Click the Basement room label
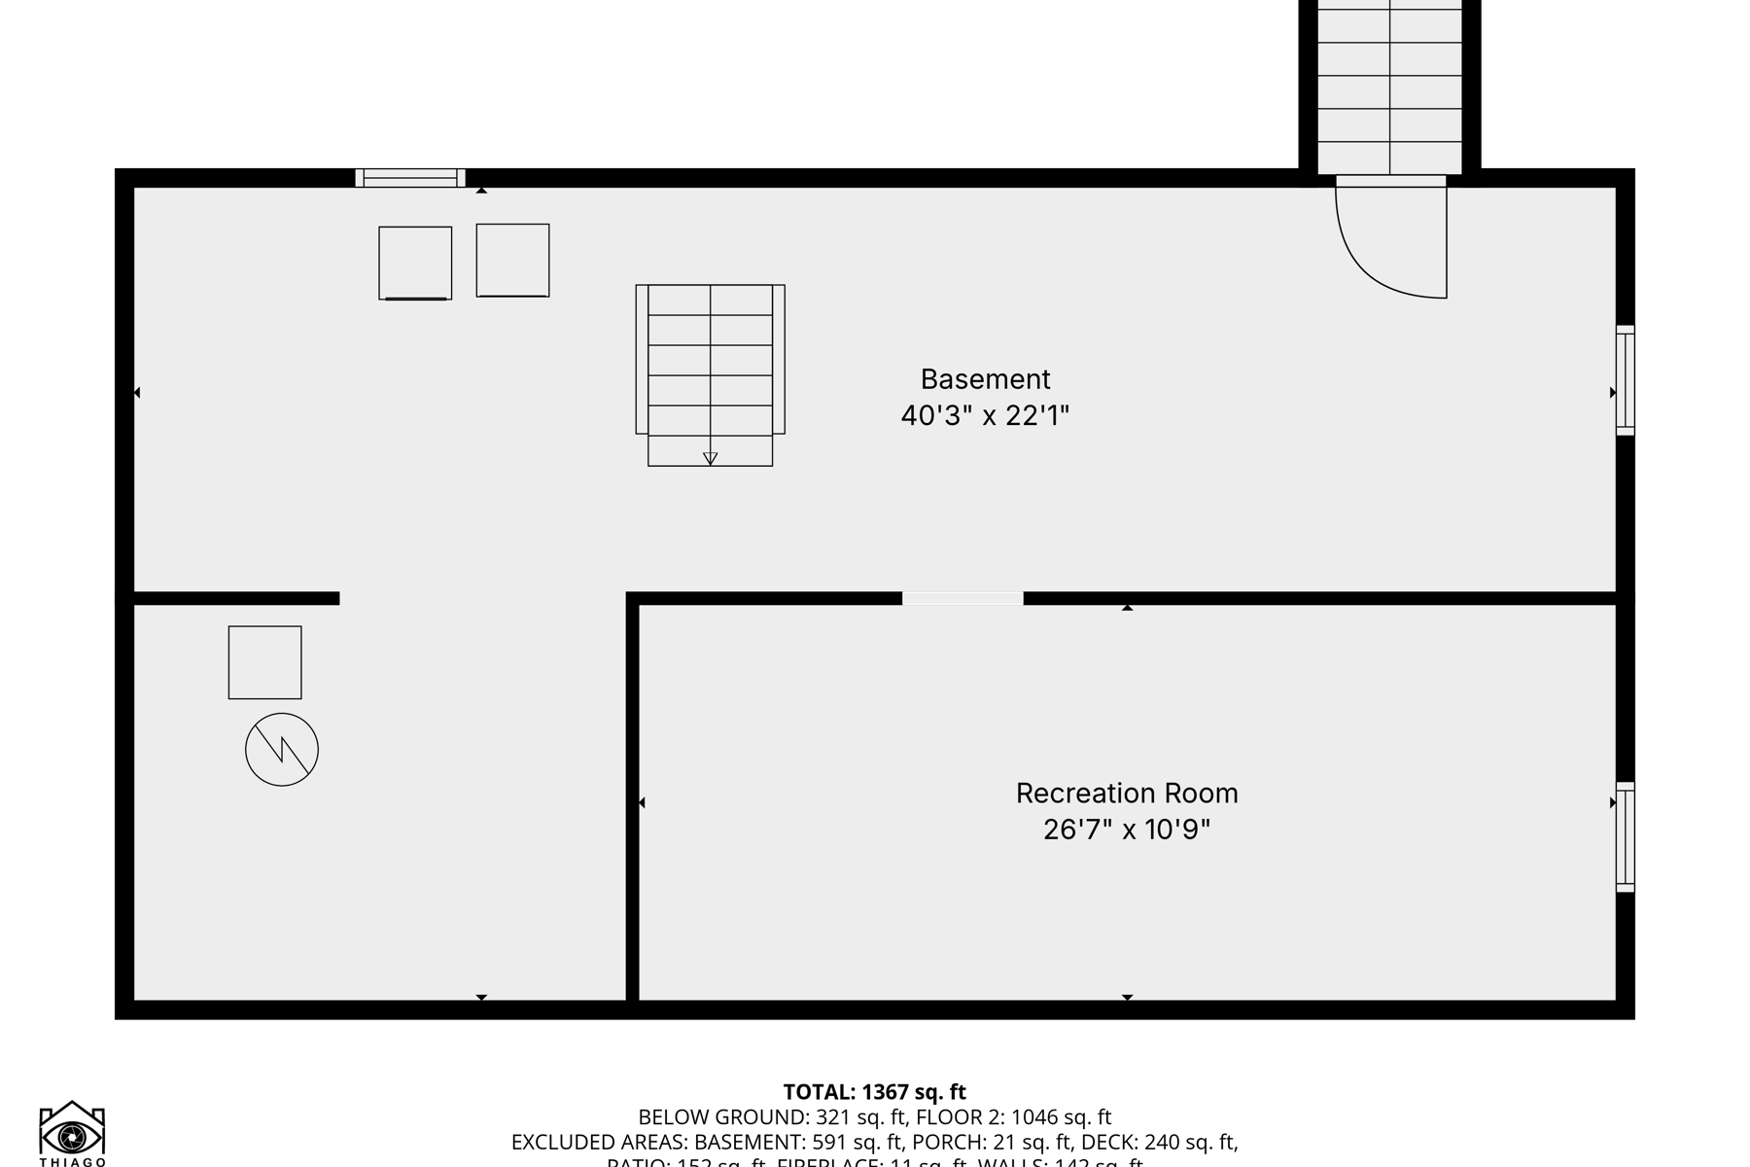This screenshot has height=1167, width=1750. click(985, 378)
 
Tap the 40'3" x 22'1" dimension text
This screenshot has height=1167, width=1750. click(985, 416)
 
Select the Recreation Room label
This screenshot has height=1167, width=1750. click(1127, 794)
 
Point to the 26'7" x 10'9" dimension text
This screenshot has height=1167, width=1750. click(1127, 831)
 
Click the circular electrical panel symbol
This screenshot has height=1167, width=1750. click(282, 750)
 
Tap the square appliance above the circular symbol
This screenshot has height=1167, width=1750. click(264, 662)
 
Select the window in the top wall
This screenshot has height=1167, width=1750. click(410, 178)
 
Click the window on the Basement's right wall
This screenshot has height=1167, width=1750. click(1625, 379)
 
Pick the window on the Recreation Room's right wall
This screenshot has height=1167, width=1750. click(1625, 836)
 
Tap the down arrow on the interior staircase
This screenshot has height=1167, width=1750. click(710, 458)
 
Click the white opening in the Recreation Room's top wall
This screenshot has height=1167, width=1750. click(962, 599)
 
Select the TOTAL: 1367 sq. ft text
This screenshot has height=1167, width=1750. click(875, 1092)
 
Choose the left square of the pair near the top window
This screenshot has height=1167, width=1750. click(415, 263)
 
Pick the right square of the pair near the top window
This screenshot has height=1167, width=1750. click(512, 260)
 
